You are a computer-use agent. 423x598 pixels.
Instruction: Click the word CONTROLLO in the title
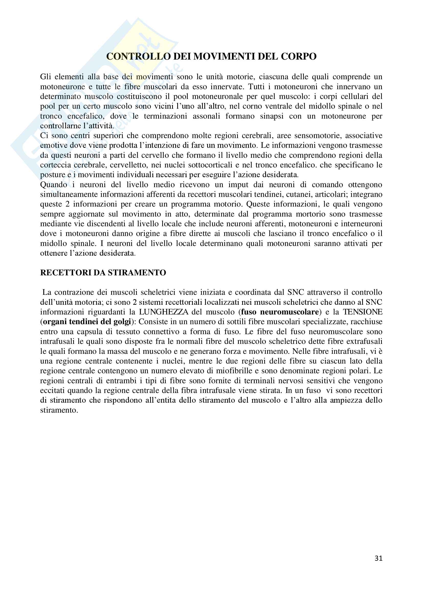point(138,57)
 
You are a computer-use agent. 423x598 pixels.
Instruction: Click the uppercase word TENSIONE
point(363,312)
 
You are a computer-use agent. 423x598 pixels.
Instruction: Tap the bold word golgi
point(122,322)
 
